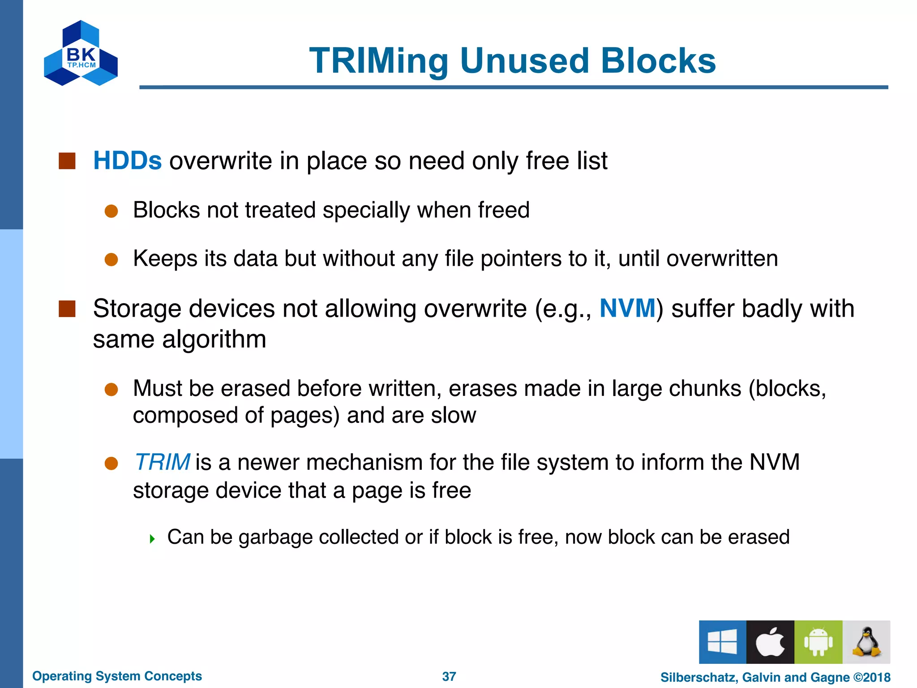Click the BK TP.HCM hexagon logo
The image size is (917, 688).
[81, 53]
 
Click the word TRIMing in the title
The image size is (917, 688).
[379, 61]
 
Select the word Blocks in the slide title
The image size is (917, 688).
[658, 61]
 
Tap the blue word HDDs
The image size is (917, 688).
[127, 160]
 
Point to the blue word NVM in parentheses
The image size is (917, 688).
[627, 309]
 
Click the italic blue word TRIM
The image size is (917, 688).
[162, 462]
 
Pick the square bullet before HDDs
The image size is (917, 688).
[67, 161]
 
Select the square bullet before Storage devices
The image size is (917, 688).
[67, 309]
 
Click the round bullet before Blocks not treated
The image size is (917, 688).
[111, 211]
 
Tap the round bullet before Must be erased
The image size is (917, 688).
[111, 389]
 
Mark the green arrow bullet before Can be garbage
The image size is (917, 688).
[152, 538]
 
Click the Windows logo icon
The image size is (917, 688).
[722, 641]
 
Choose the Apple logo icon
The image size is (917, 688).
[770, 641]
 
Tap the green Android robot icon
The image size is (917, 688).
[818, 641]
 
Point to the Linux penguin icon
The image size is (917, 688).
[866, 641]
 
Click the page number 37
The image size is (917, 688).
[449, 676]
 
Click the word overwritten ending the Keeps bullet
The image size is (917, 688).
[722, 259]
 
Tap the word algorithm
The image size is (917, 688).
[214, 339]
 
